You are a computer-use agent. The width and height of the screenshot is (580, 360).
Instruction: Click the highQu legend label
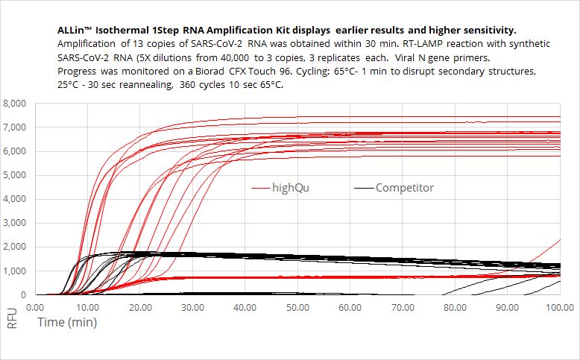(291, 188)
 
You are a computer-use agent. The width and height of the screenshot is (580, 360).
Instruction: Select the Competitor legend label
(404, 188)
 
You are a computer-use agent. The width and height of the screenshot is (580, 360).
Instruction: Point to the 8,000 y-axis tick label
(16, 104)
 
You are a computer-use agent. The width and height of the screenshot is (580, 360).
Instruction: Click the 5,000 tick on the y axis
(16, 175)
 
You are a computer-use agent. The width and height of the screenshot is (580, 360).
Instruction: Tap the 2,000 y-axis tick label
(16, 247)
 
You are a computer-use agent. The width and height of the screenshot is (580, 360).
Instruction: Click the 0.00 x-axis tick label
(35, 307)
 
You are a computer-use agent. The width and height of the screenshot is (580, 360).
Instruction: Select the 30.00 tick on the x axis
(192, 307)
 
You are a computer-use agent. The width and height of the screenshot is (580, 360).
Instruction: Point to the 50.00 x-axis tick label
(297, 307)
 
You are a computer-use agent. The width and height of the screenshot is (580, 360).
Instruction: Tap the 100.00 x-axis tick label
(560, 307)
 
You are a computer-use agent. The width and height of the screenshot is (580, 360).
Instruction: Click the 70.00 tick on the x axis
(403, 307)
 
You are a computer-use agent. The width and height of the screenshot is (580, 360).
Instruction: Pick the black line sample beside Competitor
(363, 188)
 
